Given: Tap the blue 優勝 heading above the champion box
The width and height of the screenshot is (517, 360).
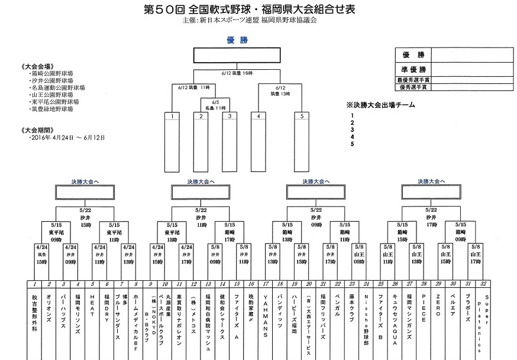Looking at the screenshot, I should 237,40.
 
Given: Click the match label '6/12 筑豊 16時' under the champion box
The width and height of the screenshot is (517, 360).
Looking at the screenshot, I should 237,73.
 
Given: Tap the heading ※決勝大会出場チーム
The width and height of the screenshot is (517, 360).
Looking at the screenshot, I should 384,105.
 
